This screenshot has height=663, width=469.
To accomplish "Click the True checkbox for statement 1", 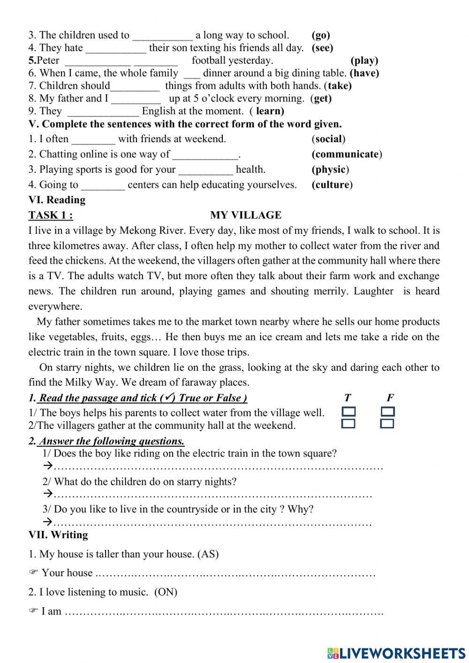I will coord(348,412).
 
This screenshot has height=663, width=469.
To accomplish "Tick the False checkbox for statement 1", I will coord(387,412).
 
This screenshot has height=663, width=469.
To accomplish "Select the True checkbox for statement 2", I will coord(348,424).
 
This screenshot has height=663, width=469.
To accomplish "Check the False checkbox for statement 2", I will coord(387,424).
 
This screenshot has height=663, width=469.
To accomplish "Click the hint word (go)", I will coord(321,35).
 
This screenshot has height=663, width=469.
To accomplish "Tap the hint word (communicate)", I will coord(347,154).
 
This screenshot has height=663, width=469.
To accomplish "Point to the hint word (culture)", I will coord(332,185).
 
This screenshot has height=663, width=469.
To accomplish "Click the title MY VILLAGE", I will coord(246,215).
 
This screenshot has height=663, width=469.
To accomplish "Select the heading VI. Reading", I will coord(57,200).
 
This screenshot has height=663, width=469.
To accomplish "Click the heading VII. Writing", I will coord(58,535).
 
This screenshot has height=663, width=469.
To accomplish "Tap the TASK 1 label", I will coord(51,215).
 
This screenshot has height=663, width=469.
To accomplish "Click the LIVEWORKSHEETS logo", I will coord(396,653).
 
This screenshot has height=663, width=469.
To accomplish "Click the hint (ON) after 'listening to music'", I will coord(166,592).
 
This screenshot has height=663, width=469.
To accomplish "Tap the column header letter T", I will coord(347,398).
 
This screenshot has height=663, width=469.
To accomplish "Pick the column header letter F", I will coord(390,398).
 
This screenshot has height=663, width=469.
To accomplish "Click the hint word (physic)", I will coord(330,169).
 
